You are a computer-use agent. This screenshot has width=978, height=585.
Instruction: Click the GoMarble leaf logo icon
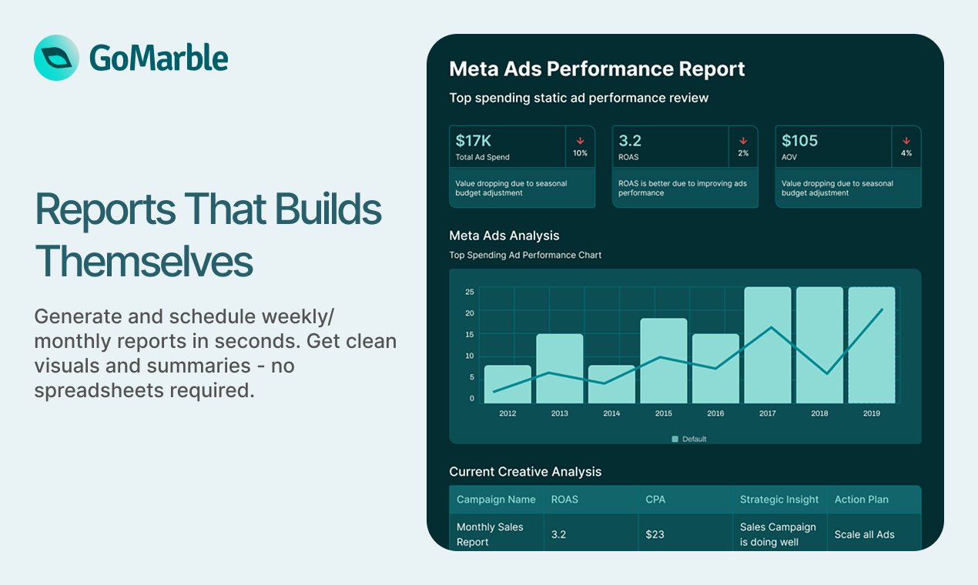[56, 58]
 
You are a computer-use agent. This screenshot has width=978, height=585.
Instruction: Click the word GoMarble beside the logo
[159, 58]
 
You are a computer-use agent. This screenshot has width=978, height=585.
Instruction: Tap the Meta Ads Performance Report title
[597, 69]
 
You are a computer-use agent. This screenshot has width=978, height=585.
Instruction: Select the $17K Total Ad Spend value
[474, 141]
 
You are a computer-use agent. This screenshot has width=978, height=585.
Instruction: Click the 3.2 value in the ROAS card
[630, 141]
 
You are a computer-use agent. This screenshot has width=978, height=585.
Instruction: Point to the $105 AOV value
[799, 141]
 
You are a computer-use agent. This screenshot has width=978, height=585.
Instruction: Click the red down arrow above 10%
[580, 141]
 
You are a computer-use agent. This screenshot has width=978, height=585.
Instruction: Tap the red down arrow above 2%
[743, 141]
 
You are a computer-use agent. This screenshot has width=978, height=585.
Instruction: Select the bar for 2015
[663, 360]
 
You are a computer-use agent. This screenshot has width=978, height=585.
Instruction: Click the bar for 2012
[507, 383]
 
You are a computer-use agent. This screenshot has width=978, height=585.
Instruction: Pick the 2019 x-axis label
[871, 413]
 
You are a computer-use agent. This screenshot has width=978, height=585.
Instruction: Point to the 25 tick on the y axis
[470, 292]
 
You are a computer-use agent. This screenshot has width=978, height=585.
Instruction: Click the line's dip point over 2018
[826, 373]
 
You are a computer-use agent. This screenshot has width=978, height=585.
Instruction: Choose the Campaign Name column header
[496, 500]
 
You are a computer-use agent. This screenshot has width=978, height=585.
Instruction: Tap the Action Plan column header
[861, 500]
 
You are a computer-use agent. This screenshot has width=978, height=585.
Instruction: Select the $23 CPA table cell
[655, 534]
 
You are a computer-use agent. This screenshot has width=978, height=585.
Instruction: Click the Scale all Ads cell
[864, 534]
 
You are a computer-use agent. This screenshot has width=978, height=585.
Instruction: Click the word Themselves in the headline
[144, 261]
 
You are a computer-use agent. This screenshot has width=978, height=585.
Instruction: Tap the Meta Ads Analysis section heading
[504, 236]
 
